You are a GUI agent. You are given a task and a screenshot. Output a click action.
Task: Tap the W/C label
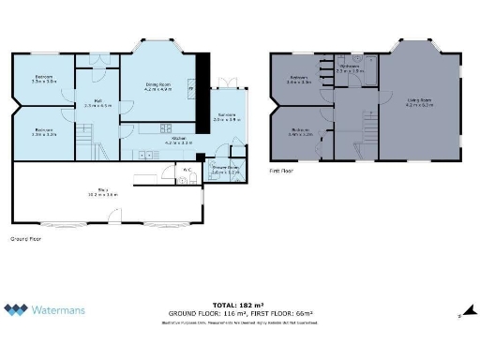click(187, 170)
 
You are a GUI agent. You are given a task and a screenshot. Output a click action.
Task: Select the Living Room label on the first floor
click(418, 101)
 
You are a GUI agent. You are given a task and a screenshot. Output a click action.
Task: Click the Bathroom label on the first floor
click(349, 67)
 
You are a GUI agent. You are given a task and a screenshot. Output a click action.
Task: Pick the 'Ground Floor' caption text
click(24, 239)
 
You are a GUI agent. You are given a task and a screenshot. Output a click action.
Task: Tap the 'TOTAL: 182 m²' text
click(239, 306)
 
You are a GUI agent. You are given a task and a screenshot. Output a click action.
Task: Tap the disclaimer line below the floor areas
click(239, 322)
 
